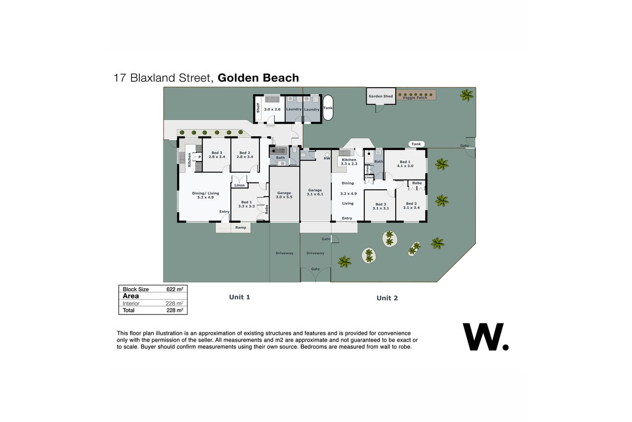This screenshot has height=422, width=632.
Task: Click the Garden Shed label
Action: (x=380, y=96)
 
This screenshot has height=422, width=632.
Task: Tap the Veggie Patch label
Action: (x=414, y=98)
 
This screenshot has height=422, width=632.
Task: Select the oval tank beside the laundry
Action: (x=328, y=107)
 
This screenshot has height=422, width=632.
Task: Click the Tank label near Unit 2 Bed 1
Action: (x=416, y=144)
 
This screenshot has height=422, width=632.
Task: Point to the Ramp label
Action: (x=241, y=227)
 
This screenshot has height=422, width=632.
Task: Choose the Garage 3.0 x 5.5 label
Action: (x=284, y=195)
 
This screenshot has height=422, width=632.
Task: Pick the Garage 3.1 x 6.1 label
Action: (x=315, y=192)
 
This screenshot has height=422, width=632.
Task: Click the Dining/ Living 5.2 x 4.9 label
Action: (x=205, y=195)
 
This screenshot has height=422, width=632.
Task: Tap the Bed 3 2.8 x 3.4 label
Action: (x=217, y=155)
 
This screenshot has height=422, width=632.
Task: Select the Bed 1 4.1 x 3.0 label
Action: (x=405, y=164)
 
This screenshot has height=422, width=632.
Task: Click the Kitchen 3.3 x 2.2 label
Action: (x=349, y=162)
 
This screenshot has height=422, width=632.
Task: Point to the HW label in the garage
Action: (x=327, y=159)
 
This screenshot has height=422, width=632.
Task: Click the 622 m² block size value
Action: (x=175, y=289)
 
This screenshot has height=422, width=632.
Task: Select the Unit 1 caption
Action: (x=240, y=297)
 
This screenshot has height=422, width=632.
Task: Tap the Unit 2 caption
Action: (x=387, y=298)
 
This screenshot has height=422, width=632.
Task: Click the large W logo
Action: (x=486, y=337)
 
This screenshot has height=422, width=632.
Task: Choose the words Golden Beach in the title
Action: (x=258, y=78)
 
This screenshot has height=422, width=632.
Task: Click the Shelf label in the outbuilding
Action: (x=258, y=108)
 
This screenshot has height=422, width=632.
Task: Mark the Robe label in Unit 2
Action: (x=417, y=183)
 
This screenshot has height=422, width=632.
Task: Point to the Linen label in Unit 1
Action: (x=239, y=185)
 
